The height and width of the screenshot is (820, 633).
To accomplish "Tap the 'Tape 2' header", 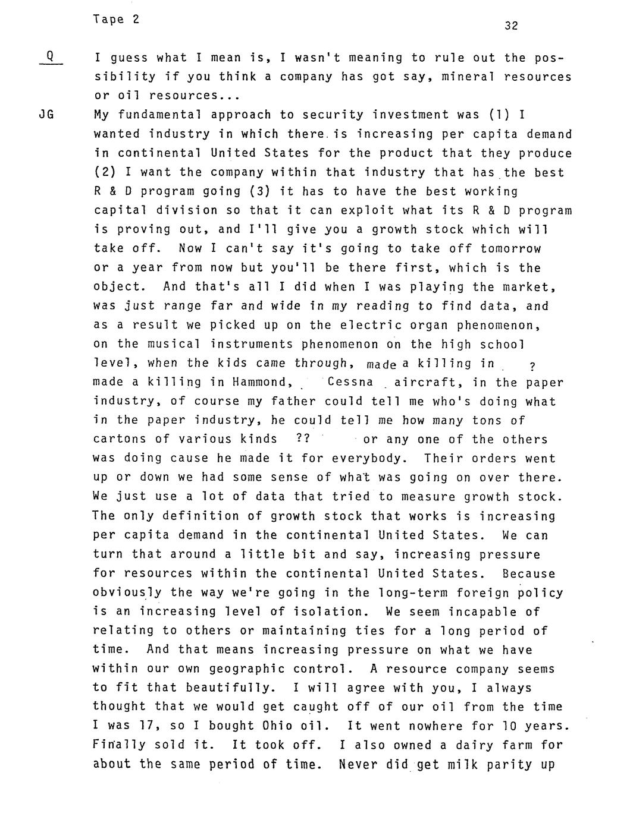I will pyautogui.click(x=117, y=19).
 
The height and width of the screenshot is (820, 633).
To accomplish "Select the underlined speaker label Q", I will pyautogui.click(x=51, y=57).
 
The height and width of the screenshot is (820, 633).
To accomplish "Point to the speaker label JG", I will pyautogui.click(x=46, y=115).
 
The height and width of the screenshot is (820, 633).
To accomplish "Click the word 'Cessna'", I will pyautogui.click(x=350, y=381).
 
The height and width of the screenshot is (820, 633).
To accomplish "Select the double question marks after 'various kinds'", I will pyautogui.click(x=302, y=439).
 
